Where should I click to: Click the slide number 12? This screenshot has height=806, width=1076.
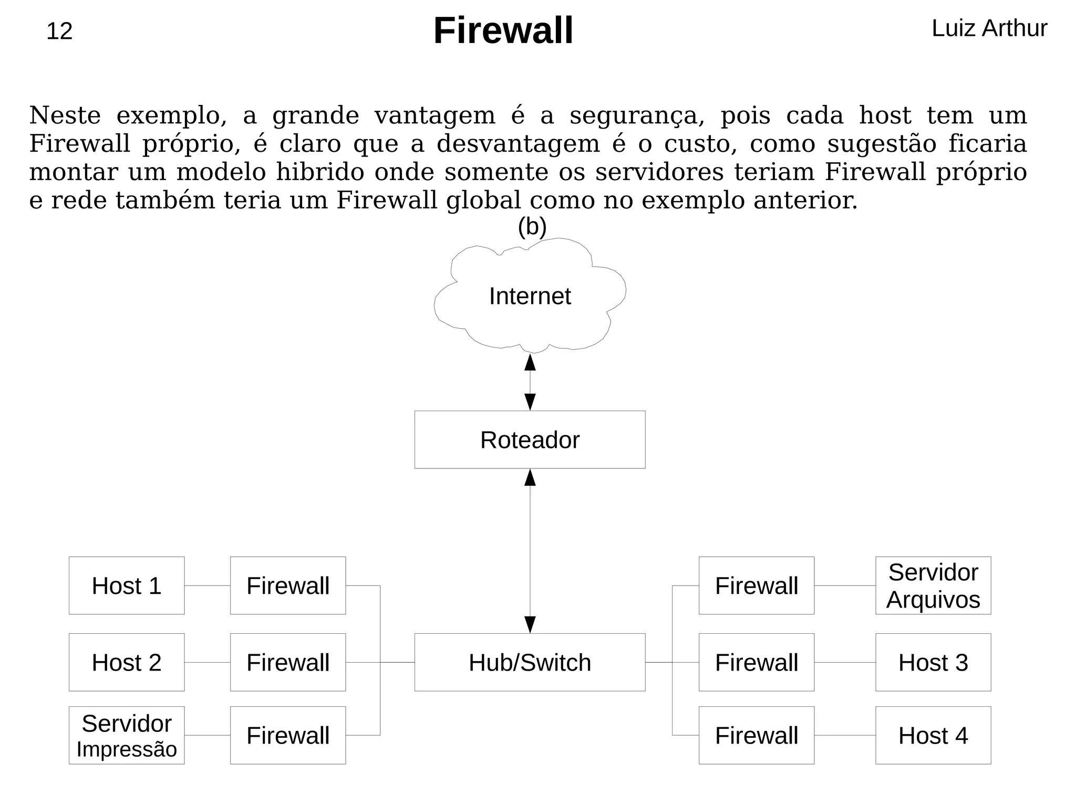point(59,32)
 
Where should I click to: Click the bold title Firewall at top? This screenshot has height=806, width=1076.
point(503,30)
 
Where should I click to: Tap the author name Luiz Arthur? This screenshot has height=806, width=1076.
point(989,28)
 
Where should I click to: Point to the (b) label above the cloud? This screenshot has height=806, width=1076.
point(532,227)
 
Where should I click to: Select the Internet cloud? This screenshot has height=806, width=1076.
point(530,296)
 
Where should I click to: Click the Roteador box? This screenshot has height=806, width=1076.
point(530,440)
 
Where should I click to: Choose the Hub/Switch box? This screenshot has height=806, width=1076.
point(530,663)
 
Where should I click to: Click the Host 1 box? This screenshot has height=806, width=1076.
point(127,586)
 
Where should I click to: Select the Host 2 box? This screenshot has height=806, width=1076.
point(127,663)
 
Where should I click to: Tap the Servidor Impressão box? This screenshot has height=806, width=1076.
point(127,736)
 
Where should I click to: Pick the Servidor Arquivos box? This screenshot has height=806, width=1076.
point(933,586)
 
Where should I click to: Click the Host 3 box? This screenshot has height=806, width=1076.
point(933,663)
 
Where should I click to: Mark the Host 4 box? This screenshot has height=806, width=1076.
point(933,736)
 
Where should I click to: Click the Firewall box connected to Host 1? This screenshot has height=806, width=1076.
point(288,586)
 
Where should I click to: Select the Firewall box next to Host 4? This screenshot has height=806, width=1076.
point(757,736)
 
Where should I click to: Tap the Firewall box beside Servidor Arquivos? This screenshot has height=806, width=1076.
point(757,586)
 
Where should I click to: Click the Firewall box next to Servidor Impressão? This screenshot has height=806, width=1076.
point(288,736)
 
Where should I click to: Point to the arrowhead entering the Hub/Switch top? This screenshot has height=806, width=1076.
point(530,625)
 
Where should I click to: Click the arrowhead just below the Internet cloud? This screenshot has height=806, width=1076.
point(530,362)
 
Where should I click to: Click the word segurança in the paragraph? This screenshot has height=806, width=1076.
point(636,116)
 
